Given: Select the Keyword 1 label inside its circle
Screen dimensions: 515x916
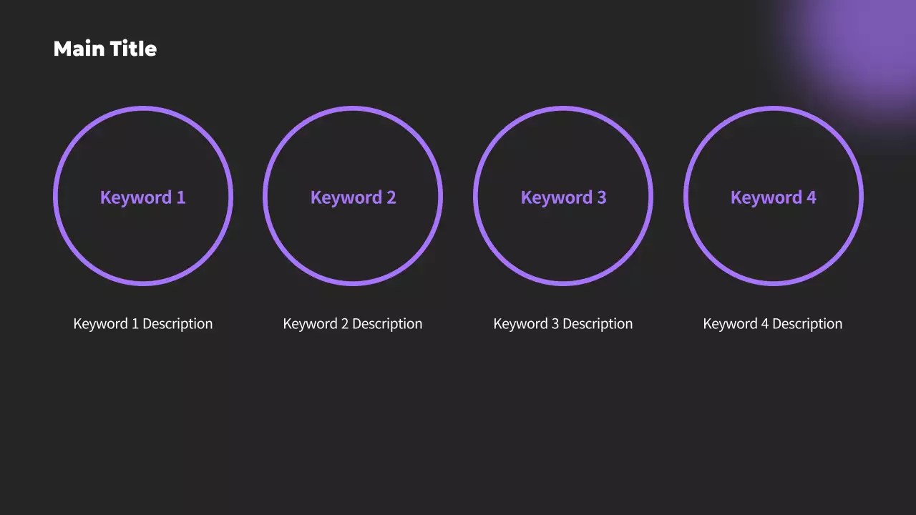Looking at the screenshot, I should [142, 197].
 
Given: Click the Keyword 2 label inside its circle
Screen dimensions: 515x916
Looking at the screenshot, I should [353, 197].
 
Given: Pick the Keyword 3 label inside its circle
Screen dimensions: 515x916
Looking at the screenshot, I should [563, 197].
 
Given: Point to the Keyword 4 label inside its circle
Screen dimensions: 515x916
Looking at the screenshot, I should [773, 197].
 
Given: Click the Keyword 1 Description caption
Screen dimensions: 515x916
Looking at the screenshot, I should [142, 324].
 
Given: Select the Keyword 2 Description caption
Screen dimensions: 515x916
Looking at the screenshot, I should [353, 324].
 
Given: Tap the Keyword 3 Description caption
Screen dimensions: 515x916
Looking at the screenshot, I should [563, 324].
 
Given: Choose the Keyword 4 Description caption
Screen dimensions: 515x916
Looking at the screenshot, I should [773, 324].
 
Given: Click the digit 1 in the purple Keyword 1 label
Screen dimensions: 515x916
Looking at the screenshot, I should [181, 197].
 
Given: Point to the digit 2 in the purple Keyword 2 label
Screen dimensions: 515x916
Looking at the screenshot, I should [391, 197].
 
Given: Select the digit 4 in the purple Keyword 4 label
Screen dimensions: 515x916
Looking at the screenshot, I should [811, 197].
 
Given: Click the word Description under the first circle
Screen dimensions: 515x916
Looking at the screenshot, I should [177, 324].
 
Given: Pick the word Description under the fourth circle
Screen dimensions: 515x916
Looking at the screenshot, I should [807, 324].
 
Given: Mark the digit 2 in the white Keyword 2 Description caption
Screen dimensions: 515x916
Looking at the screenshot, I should [345, 324].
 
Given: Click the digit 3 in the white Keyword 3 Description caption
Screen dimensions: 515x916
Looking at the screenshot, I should [555, 324].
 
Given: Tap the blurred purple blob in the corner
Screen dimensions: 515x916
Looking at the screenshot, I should [859, 50].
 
